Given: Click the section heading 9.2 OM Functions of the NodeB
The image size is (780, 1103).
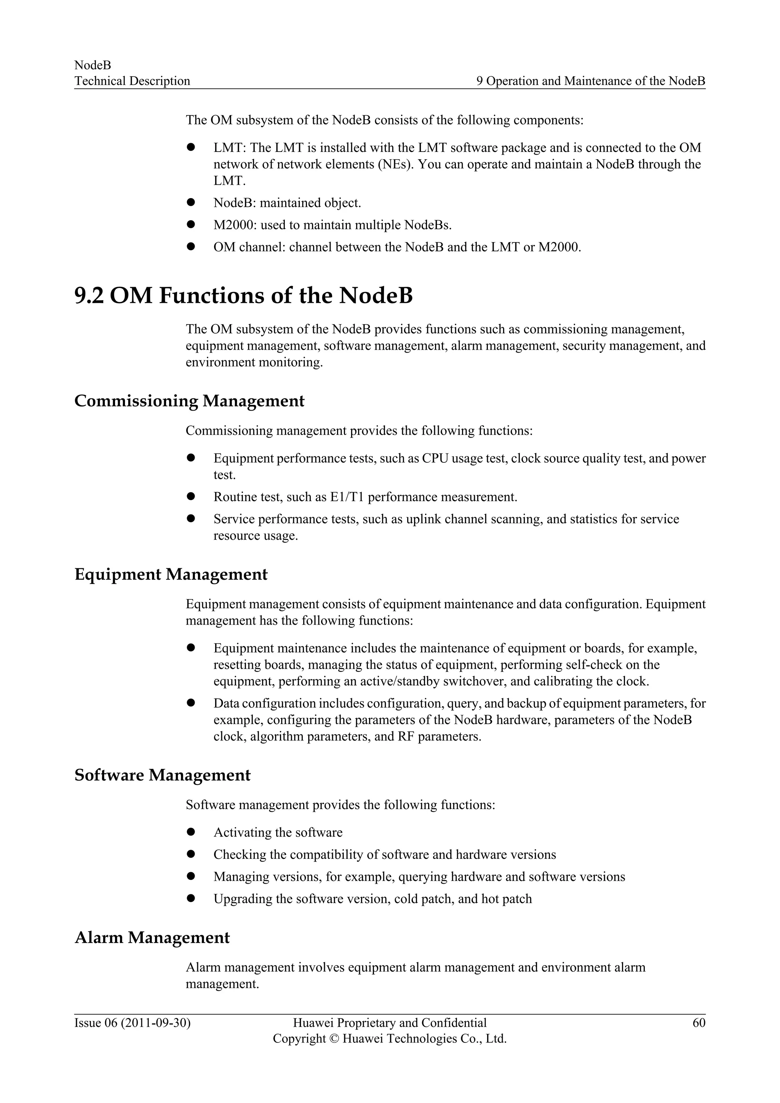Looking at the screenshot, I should click(243, 296).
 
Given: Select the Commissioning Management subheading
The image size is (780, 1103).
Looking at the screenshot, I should click(189, 401).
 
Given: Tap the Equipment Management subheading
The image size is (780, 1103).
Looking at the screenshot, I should click(171, 574).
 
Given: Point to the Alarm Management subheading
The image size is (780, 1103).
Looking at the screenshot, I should click(152, 937).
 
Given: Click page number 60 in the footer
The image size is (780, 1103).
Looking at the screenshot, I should click(699, 1023).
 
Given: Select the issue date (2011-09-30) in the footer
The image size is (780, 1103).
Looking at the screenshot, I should click(156, 1023).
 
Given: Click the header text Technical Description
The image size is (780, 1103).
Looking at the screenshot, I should click(132, 81).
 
